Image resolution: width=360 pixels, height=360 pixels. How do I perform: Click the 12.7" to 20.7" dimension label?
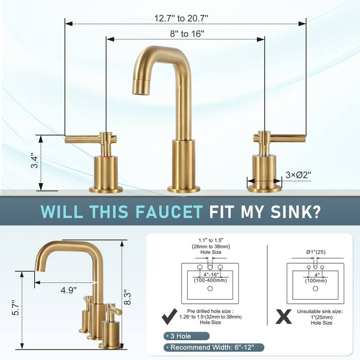182,18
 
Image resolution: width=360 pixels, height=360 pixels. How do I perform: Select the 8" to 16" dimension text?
185,34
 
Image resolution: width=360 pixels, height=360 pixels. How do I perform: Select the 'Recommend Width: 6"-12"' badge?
212,347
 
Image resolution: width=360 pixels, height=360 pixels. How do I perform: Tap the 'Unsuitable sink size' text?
320,311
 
